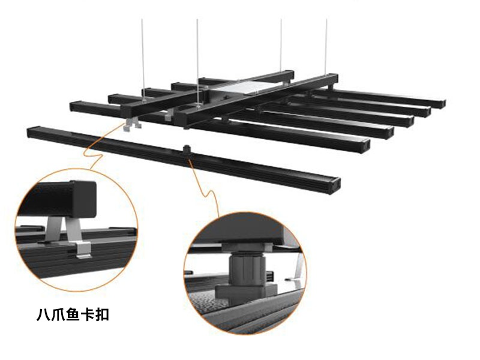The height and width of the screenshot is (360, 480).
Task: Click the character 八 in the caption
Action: point(43,314)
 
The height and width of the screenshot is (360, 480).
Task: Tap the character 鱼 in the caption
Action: point(73,314)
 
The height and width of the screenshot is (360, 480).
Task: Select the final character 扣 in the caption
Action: point(102,314)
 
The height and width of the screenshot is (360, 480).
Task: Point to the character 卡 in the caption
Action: point(88,314)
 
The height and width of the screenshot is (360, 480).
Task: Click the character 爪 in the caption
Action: point(58,314)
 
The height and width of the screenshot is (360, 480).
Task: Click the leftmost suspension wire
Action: point(143,59)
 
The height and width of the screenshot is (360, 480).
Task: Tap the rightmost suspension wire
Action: point(326,47)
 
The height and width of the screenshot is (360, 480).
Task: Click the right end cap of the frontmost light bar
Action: point(335,185)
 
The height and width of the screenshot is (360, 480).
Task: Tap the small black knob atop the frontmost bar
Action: point(187,149)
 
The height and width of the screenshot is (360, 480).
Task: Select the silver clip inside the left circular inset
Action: point(72,235)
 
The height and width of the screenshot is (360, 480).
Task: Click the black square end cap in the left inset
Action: point(83,199)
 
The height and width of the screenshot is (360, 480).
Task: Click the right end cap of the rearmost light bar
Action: point(441,103)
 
